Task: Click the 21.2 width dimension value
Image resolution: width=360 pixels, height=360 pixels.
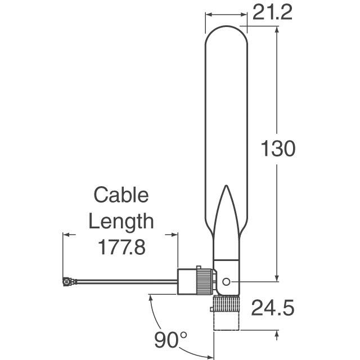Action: tap(272, 12)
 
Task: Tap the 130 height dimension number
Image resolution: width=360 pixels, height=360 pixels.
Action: tap(278, 148)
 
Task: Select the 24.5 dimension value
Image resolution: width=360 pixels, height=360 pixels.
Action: tap(273, 308)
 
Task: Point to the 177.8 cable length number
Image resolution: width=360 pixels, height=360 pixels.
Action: tap(121, 247)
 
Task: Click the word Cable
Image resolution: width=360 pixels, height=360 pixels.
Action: tap(121, 195)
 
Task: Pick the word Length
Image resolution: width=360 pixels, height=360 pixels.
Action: tap(121, 222)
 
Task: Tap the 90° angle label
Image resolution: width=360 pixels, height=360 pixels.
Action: tap(170, 340)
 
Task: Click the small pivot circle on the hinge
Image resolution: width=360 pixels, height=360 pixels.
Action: tap(226, 281)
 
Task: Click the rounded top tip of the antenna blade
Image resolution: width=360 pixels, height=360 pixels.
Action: tap(226, 26)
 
